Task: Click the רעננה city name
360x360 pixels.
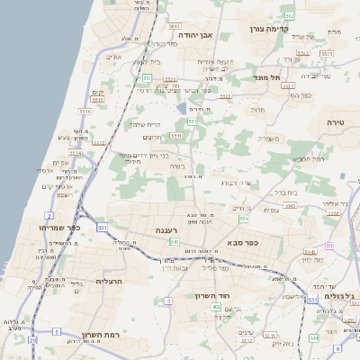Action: [166, 230]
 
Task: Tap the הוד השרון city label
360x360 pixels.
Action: [212, 294]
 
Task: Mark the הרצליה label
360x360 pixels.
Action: [108, 282]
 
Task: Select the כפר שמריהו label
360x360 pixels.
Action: [61, 228]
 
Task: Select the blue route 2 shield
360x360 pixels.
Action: [46, 217]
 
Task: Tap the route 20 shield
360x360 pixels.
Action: [33, 341]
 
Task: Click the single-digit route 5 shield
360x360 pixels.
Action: [57, 331]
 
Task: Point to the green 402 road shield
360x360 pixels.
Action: [216, 308]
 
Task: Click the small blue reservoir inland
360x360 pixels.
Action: [182, 109]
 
